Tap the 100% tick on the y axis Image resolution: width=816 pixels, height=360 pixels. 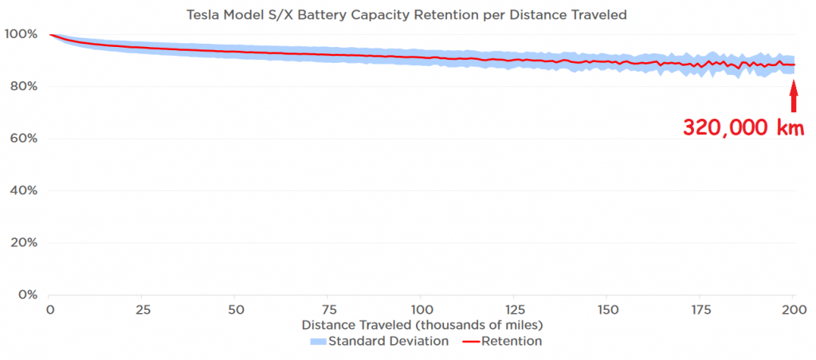[20, 34]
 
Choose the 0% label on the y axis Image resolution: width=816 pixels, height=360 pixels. [26, 295]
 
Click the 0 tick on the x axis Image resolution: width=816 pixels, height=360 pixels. [50, 310]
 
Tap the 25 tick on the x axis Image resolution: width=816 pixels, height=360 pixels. [143, 310]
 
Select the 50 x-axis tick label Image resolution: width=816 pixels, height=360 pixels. [236, 310]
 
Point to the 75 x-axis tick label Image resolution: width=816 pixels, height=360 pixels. [329, 310]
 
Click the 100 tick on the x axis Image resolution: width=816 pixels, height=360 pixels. [422, 310]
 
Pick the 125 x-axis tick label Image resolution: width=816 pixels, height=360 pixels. [515, 310]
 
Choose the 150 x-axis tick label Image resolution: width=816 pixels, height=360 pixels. [608, 310]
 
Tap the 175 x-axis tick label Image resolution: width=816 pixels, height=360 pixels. [700, 310]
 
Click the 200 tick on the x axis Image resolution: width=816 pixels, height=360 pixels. [794, 310]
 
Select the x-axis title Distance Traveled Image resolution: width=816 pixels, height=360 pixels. [422, 325]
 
